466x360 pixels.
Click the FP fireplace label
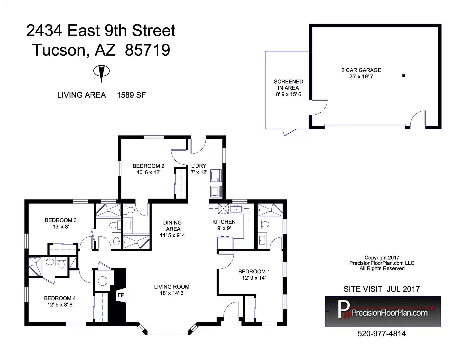pyautogui.click(x=121, y=295)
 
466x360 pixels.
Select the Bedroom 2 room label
pyautogui.click(x=148, y=166)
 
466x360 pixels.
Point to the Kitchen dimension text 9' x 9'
pyautogui.click(x=224, y=228)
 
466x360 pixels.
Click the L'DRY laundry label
pyautogui.click(x=199, y=166)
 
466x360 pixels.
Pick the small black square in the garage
pyautogui.click(x=404, y=76)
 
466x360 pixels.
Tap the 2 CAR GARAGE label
pyautogui.click(x=361, y=70)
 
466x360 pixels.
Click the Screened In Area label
pyautogui.click(x=288, y=85)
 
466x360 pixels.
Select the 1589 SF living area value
pyautogui.click(x=131, y=95)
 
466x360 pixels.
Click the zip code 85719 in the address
pyautogui.click(x=148, y=50)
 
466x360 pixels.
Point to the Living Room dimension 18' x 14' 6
pyautogui.click(x=172, y=293)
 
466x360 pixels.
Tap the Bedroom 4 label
pyautogui.click(x=60, y=298)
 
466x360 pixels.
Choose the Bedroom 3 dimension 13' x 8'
pyautogui.click(x=61, y=227)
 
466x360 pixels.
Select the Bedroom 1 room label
pyautogui.click(x=254, y=271)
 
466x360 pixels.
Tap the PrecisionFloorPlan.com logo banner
pyautogui.click(x=383, y=312)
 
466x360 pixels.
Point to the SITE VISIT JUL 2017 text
pyautogui.click(x=382, y=289)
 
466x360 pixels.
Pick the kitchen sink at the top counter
pyautogui.click(x=236, y=209)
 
